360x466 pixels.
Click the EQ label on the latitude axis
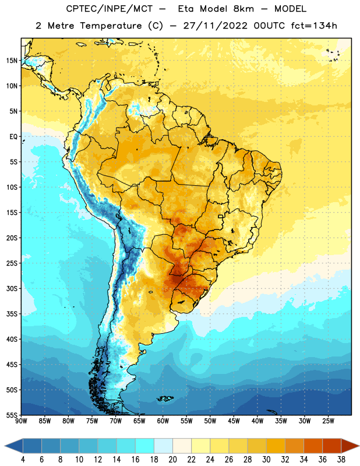tap(13, 137)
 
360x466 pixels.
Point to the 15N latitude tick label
tap(12, 61)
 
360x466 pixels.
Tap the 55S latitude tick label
tap(12, 415)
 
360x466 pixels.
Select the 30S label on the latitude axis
tap(12, 288)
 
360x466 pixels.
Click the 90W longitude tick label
tap(21, 421)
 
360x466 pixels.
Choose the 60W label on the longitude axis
tap(163, 421)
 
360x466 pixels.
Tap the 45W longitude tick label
tap(234, 421)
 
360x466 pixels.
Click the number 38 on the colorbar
tap(341, 460)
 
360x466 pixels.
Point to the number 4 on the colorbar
tap(23, 460)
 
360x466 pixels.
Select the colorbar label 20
tap(172, 460)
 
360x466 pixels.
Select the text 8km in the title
tap(243, 9)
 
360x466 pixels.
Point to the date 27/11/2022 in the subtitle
tap(215, 26)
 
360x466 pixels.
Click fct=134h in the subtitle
tap(314, 26)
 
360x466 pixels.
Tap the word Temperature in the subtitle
tap(111, 26)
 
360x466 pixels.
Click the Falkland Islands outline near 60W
tap(165, 398)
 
